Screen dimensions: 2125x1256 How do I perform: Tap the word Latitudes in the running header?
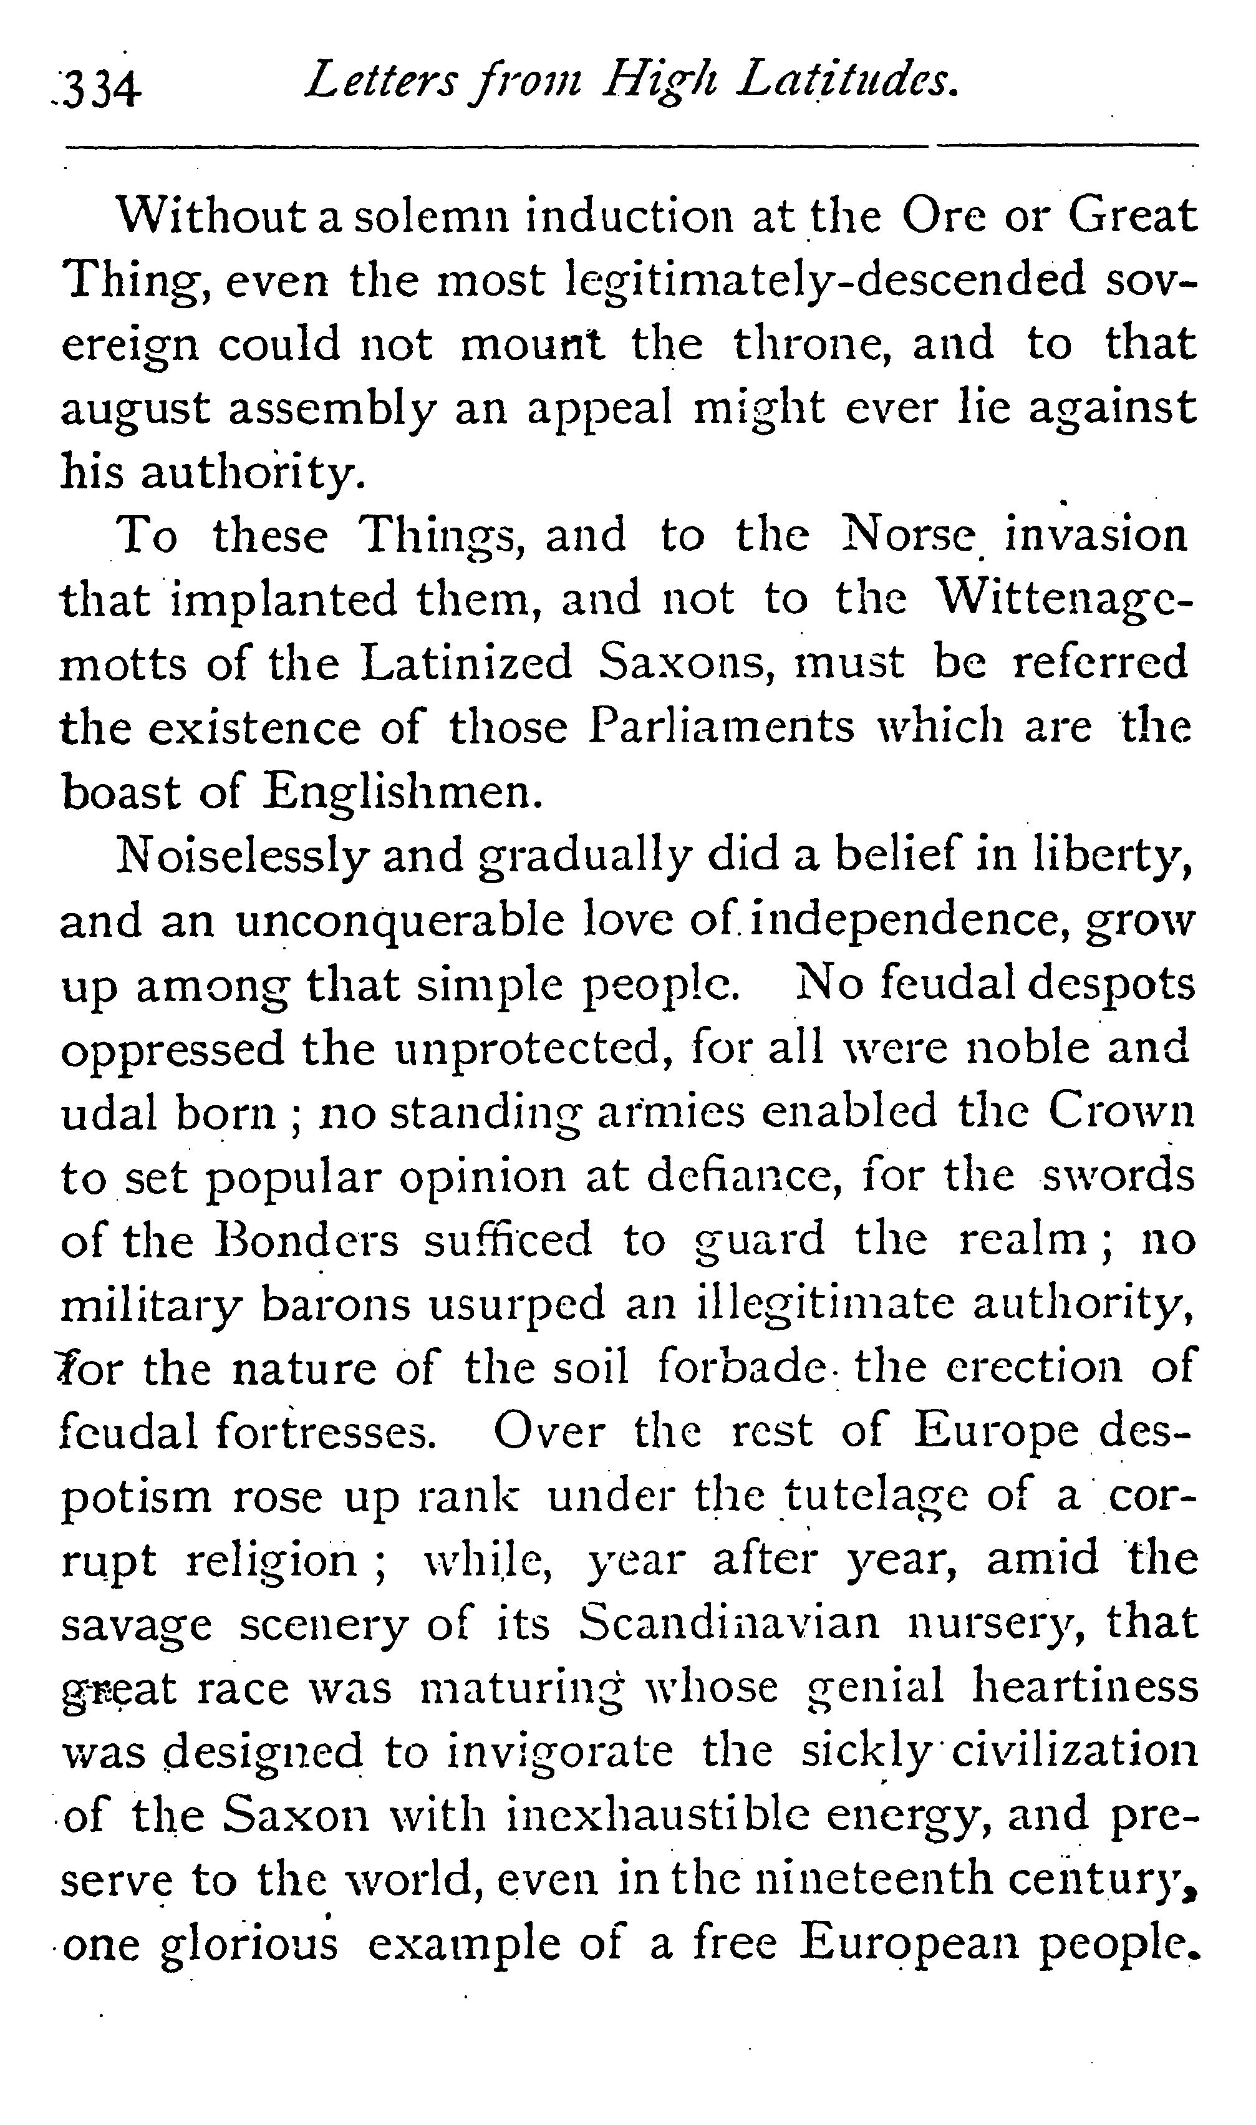(x=849, y=82)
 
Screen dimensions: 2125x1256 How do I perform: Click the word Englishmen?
(x=400, y=792)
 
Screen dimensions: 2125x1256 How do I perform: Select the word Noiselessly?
(x=242, y=856)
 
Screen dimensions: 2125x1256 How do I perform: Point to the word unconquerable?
(x=400, y=922)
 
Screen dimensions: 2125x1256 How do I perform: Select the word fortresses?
(x=325, y=1433)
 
